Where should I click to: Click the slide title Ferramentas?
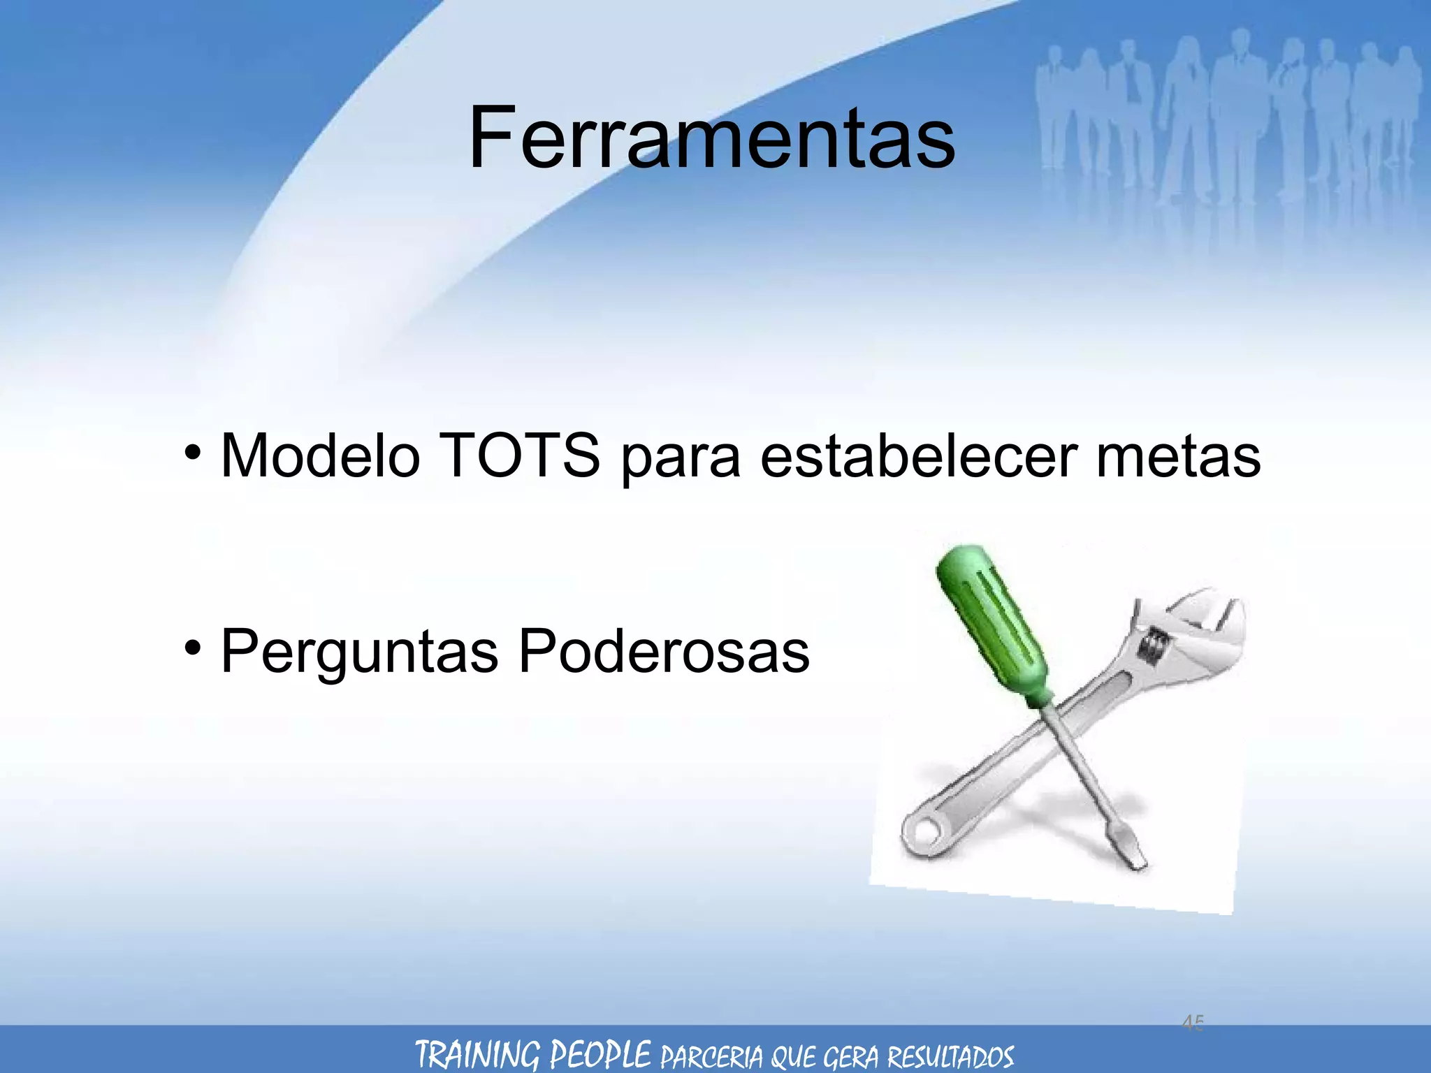coord(711,138)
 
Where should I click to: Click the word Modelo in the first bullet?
coord(320,456)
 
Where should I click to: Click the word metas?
coord(1178,456)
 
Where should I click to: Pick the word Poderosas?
coord(664,651)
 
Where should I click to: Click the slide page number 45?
coord(1193,1023)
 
